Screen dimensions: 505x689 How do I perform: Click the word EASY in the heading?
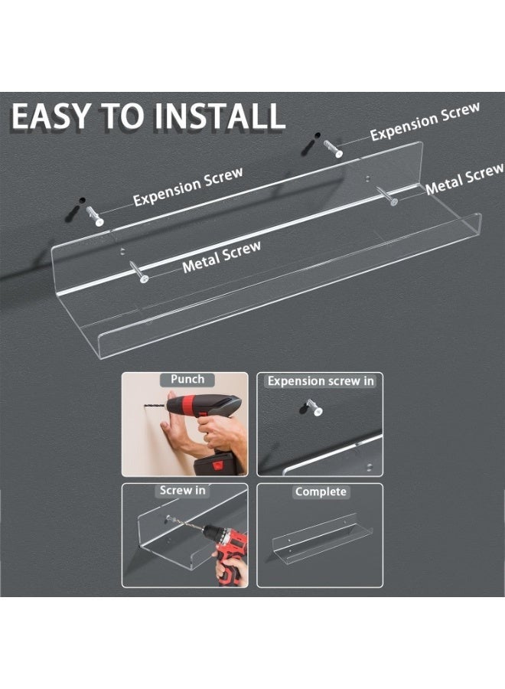[x=49, y=116]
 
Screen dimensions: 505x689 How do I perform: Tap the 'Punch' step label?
[x=187, y=379]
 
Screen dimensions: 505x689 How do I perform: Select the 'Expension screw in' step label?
[x=321, y=381]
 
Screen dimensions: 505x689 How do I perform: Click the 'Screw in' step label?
[x=182, y=491]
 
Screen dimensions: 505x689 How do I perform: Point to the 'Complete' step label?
[x=321, y=491]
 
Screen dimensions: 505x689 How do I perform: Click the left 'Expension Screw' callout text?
[x=188, y=187]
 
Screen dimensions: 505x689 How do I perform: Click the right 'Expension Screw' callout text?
[x=425, y=122]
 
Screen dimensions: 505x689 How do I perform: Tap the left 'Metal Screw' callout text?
[x=221, y=257]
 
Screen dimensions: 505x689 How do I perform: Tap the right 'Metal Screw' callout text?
[x=464, y=179]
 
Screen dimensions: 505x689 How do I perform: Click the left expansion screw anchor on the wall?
[x=94, y=216]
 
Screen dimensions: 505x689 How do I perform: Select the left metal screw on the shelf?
[x=138, y=272]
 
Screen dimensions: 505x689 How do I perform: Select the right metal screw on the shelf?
[x=387, y=195]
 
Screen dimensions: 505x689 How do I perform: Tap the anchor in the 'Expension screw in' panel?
[x=314, y=407]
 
